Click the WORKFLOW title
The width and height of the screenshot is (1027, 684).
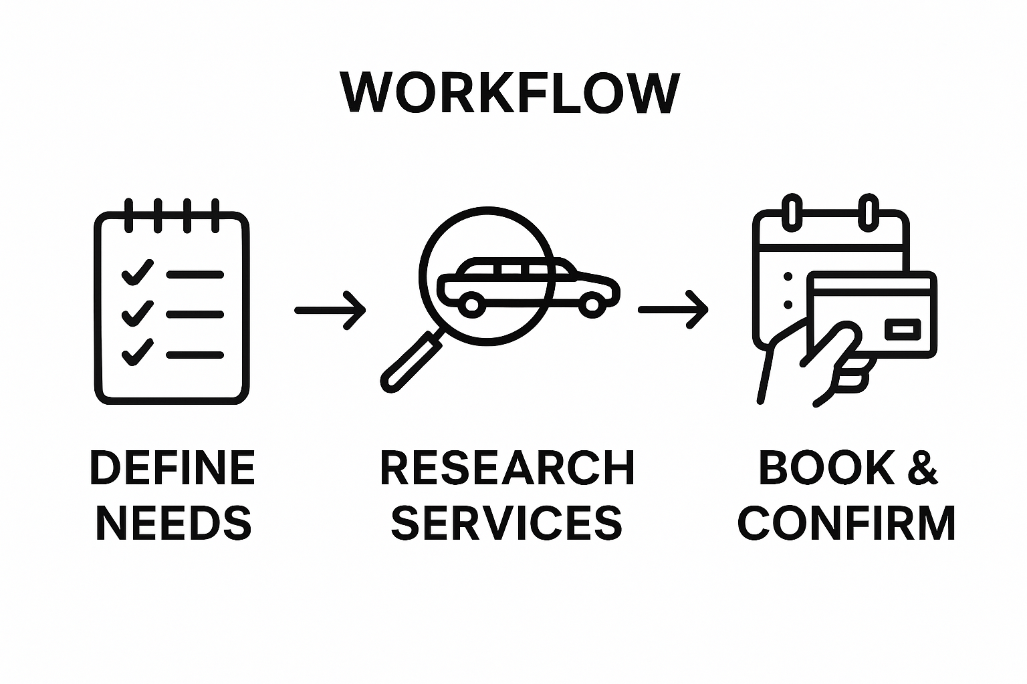click(510, 94)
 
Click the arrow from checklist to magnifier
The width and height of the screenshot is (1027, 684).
click(330, 310)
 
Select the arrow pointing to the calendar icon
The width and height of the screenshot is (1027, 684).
click(673, 310)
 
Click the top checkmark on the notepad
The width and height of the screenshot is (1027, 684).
click(137, 273)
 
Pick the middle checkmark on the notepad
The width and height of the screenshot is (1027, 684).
click(137, 313)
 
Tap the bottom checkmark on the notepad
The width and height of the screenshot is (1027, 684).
click(137, 353)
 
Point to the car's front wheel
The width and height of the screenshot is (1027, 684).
click(591, 305)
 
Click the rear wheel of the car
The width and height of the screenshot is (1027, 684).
click(472, 305)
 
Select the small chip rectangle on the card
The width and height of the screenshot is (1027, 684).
click(903, 329)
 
